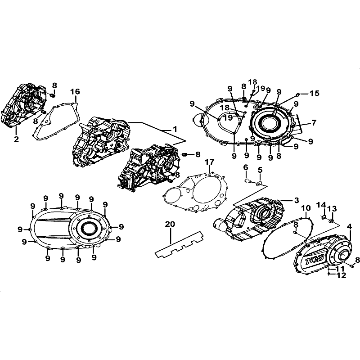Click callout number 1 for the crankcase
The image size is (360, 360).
[x=175, y=129]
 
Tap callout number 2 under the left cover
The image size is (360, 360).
[x=16, y=139]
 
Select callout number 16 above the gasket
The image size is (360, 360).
[x=75, y=91]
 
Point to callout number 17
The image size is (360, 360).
[x=209, y=162]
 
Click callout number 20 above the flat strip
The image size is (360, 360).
[x=170, y=224]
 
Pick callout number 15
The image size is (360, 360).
[x=314, y=93]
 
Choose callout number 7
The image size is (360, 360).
[x=314, y=122]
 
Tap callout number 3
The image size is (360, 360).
[x=297, y=200]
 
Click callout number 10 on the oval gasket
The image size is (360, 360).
[x=306, y=208]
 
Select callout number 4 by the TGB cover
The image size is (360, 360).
[x=349, y=227]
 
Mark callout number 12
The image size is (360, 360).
[x=341, y=275]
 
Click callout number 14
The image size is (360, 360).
[x=321, y=205]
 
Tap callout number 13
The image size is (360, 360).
[x=332, y=208]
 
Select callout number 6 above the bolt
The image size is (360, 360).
[x=246, y=167]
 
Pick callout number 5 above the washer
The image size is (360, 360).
[x=260, y=170]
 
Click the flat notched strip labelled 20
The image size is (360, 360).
[x=180, y=244]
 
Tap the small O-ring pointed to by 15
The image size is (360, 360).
[x=297, y=94]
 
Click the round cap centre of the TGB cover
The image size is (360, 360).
[x=344, y=254]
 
